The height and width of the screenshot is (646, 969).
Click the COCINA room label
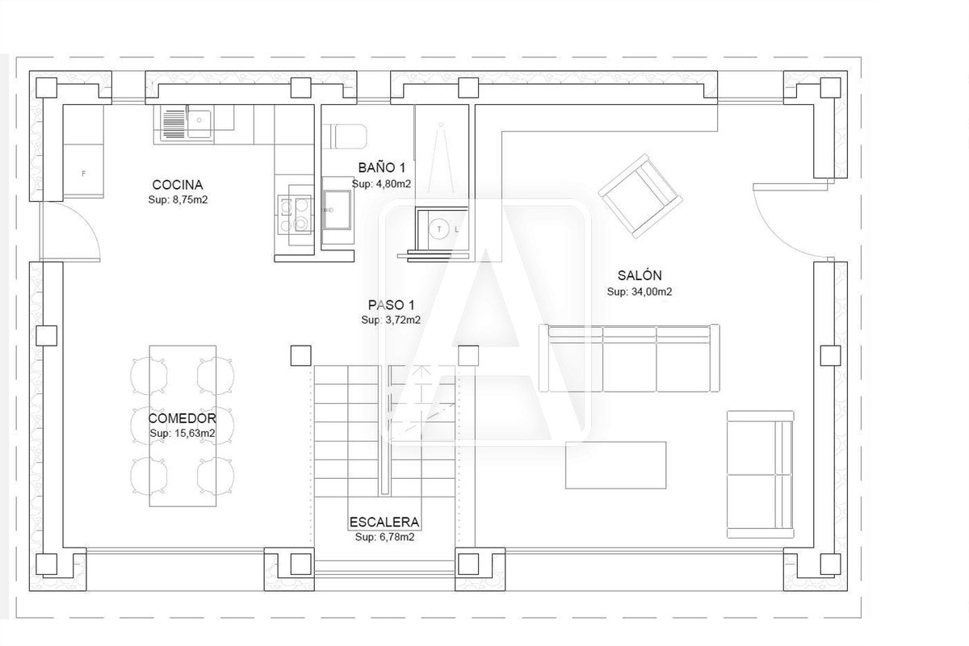pyautogui.click(x=178, y=185)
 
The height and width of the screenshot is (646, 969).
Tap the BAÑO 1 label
pyautogui.click(x=381, y=167)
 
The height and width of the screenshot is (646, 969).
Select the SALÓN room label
pyautogui.click(x=640, y=275)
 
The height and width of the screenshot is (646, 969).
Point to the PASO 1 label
pyautogui.click(x=391, y=305)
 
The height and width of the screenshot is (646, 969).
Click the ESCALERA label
pyautogui.click(x=384, y=522)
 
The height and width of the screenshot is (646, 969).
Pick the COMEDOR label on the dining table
pyautogui.click(x=182, y=418)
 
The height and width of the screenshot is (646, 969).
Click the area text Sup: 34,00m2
pyautogui.click(x=640, y=292)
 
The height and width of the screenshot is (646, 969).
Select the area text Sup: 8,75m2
pyautogui.click(x=178, y=199)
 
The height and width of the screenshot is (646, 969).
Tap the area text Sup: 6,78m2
pyautogui.click(x=384, y=537)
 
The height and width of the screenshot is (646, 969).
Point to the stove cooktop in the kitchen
pyautogui.click(x=296, y=215)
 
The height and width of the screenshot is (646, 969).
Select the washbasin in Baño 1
pyautogui.click(x=338, y=210)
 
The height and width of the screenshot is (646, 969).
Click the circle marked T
pyautogui.click(x=439, y=229)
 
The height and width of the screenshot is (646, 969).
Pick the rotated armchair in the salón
pyautogui.click(x=640, y=196)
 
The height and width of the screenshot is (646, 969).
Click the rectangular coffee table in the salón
pyautogui.click(x=615, y=465)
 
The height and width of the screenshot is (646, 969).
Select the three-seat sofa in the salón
pyautogui.click(x=629, y=358)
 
